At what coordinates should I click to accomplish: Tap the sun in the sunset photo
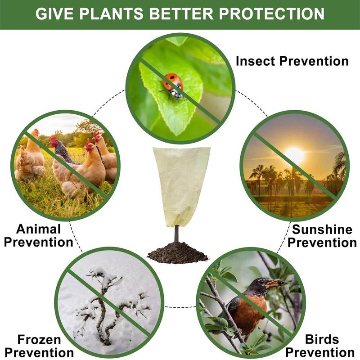pos(295,155)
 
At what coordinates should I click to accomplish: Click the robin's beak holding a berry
pos(274,283)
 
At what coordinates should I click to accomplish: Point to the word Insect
pos(255,61)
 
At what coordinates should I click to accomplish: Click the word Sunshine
pos(322,229)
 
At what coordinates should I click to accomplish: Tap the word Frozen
pos(39,340)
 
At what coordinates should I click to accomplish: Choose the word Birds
pos(322,339)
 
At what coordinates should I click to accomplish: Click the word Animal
pos(39,229)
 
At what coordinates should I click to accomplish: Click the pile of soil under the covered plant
pos(177,253)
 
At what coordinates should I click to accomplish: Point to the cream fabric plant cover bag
pos(181,186)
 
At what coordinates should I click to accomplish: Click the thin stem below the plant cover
pos(176,234)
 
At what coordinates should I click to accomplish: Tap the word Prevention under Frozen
pos(39,353)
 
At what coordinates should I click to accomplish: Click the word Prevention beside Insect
pos(314,61)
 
